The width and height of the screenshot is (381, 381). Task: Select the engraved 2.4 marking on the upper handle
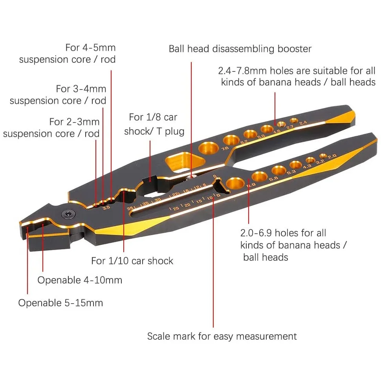(303, 123)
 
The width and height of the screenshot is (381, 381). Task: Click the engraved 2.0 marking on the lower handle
(332, 156)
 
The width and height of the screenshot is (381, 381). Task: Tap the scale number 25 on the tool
(175, 207)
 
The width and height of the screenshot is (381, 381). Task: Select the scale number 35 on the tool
(145, 203)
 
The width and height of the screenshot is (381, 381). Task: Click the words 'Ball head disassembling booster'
(240, 49)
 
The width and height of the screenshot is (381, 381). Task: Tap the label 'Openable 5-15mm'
(60, 303)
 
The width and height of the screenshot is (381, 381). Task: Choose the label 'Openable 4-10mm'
(80, 280)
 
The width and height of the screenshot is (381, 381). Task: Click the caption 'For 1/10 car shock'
(132, 261)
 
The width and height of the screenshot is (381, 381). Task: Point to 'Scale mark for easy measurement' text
(222, 336)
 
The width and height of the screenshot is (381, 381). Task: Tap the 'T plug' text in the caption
(170, 131)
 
